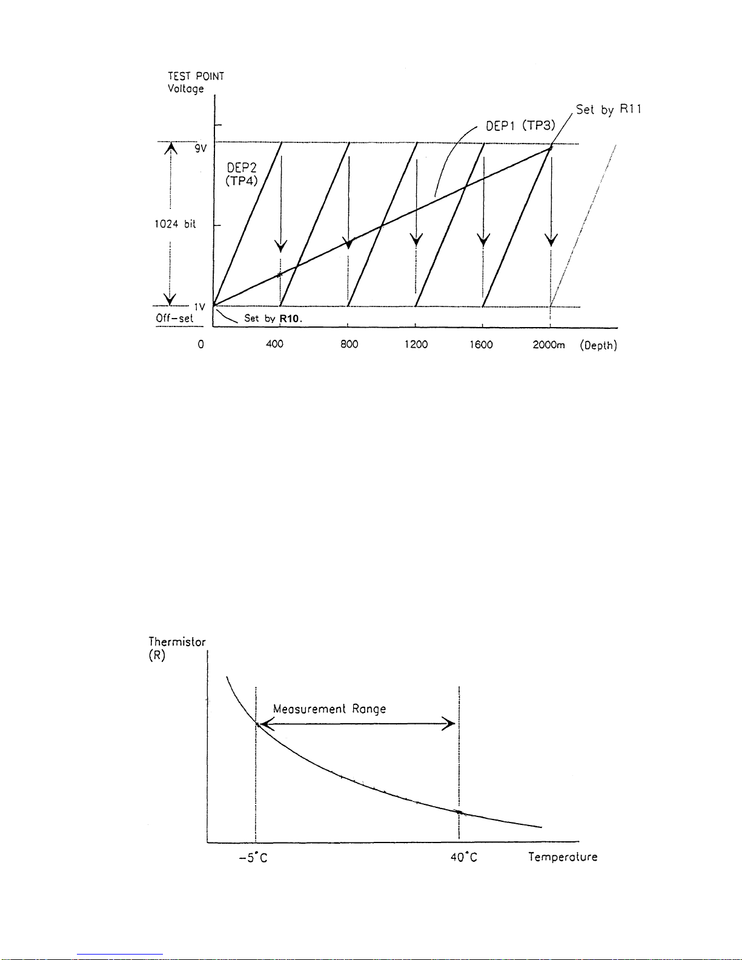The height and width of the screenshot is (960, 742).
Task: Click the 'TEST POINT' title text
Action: coord(196,76)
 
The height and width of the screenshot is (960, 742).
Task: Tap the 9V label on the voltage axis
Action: coord(200,148)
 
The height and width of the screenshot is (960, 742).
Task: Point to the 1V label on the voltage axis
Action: coord(200,306)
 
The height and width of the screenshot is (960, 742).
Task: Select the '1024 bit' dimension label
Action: coord(175,224)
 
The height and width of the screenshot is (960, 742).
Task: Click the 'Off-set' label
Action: coord(174,318)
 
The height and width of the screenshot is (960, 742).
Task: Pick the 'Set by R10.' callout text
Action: coord(273,318)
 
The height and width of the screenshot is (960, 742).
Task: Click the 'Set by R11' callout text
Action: coord(608,110)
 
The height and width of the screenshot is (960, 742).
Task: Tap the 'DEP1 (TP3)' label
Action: coord(520,126)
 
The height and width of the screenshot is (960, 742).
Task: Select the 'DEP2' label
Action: coord(242,168)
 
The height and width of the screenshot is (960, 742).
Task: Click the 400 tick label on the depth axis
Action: coord(274,344)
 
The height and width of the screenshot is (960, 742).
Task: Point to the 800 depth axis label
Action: coord(349,344)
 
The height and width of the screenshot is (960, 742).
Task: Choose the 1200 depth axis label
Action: coord(416,344)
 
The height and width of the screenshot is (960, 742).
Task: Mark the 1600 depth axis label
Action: coord(481,345)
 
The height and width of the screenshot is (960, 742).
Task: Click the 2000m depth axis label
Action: coord(549,345)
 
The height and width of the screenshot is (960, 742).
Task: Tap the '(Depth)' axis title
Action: coord(598,345)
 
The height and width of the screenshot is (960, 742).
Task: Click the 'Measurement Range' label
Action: coord(330,709)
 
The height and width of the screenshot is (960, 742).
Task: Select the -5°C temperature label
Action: coord(253,858)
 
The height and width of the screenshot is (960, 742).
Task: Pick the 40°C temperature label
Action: coord(464,857)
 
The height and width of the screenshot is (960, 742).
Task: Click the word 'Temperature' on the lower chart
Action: coord(563,857)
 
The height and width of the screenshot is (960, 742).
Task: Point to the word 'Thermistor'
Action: coord(177,641)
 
